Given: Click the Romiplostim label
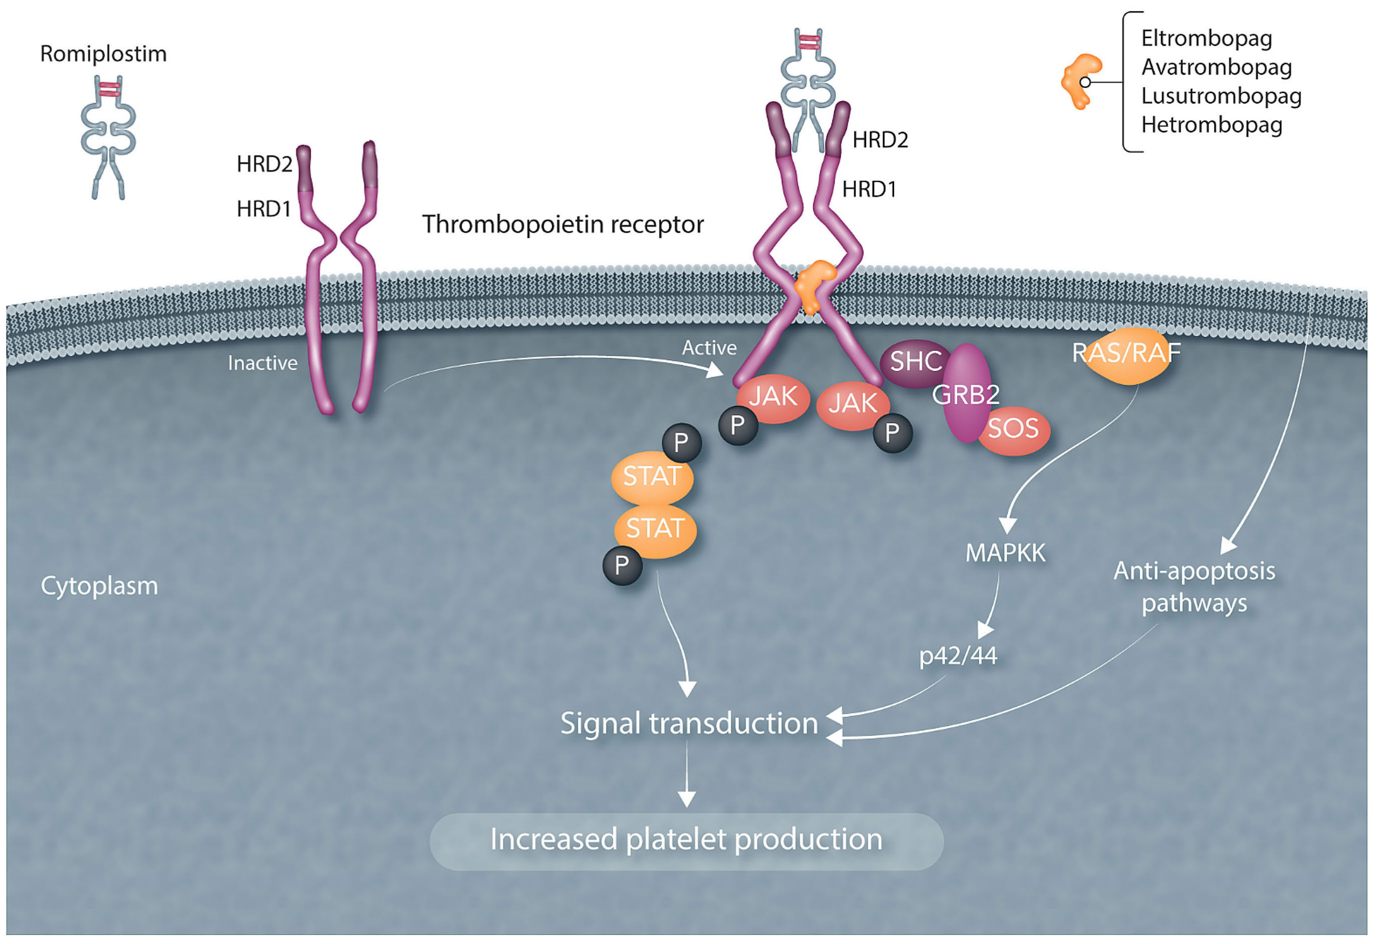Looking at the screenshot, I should (x=103, y=54).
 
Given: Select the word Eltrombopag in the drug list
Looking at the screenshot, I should (x=1206, y=39).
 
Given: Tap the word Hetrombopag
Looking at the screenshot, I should (x=1211, y=125).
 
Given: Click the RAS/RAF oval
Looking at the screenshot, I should (x=1126, y=355).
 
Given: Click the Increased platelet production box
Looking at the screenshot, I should (x=686, y=840).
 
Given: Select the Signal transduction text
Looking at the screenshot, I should (x=688, y=724).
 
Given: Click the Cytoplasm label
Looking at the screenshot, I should (x=99, y=586).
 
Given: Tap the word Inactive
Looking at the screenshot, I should (x=262, y=363).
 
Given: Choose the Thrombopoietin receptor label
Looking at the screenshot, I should (x=562, y=225).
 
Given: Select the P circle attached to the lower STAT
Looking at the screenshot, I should (x=622, y=566).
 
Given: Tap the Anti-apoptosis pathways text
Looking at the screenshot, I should (x=1193, y=587).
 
